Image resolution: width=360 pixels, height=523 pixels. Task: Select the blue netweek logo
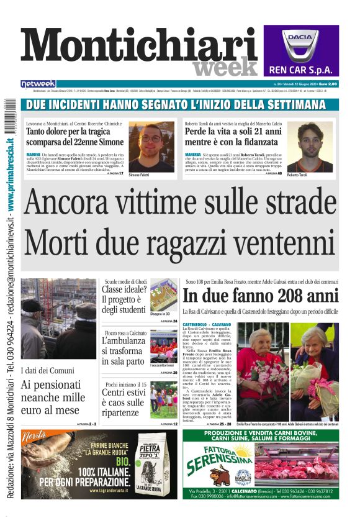click(x=38, y=84)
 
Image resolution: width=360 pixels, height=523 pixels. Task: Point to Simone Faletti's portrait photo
click(x=151, y=147)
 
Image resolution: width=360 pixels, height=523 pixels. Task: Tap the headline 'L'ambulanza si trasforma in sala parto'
click(x=124, y=351)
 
